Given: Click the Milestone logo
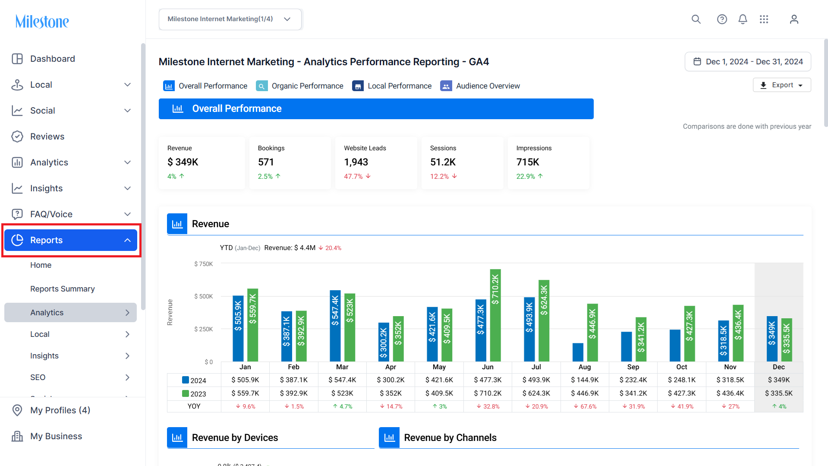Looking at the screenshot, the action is coord(42,21).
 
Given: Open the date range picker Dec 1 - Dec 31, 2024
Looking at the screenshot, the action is coord(748,62).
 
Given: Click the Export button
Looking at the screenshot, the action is coord(782,85).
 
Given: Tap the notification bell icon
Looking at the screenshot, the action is coord(743,19).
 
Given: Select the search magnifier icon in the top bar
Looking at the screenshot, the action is coord(696,19).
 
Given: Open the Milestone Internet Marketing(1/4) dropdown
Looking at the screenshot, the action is coord(230,19).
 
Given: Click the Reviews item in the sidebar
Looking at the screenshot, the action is coord(47,136).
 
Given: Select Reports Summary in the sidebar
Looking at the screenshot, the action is coord(63,289).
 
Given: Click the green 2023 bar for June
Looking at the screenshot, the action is coord(495,315).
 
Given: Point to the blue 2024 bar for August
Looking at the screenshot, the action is coord(578,352).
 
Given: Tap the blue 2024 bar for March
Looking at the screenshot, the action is coord(335,326).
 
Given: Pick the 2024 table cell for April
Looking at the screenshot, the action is coord(390,380).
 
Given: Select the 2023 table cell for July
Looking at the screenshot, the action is coord(536,393).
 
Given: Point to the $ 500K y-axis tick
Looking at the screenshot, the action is coord(203,296).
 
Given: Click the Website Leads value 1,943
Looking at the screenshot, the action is coord(356,162).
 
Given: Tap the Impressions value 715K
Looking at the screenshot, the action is coord(528,162).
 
